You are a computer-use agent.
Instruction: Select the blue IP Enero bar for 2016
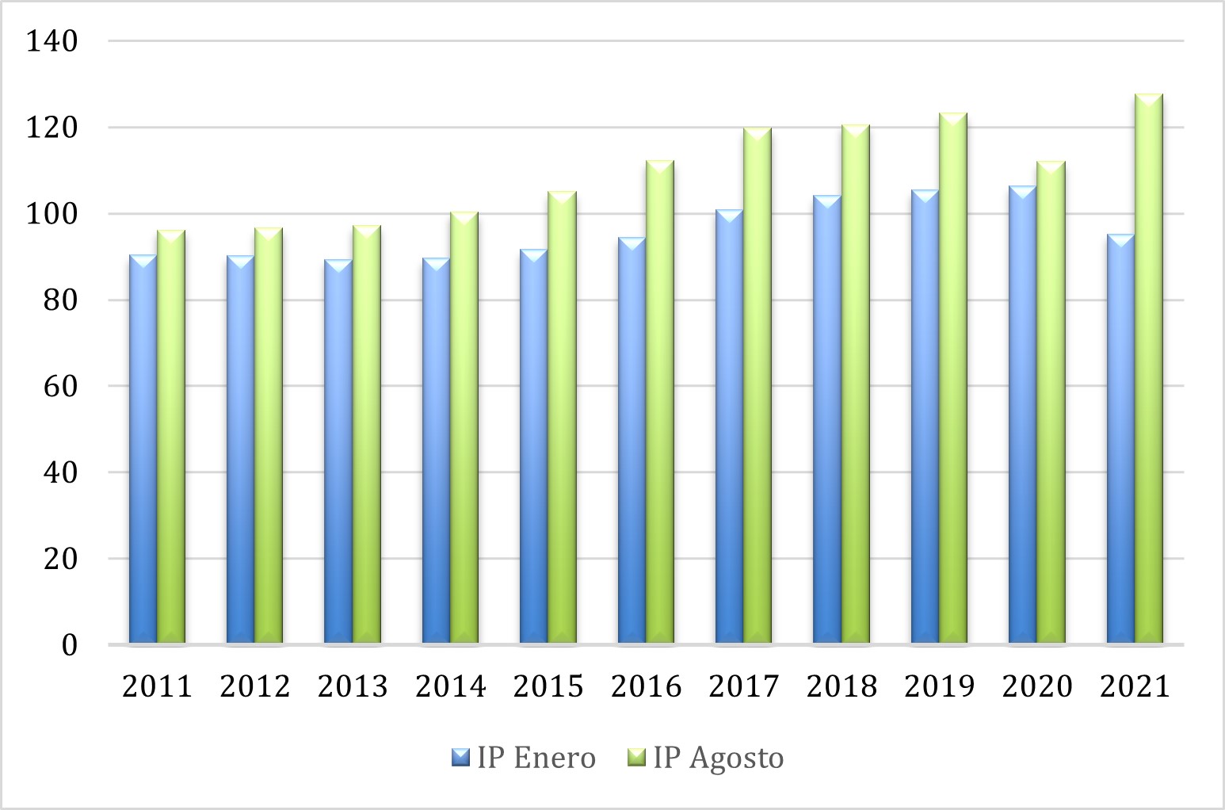click(632, 440)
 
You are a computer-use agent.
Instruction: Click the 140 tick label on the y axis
click(52, 40)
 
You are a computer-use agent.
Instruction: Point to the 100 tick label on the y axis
click(52, 213)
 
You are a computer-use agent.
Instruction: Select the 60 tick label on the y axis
click(61, 386)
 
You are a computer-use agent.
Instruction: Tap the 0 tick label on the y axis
click(70, 644)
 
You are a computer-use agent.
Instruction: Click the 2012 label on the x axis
click(255, 686)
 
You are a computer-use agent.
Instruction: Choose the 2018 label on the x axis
click(841, 686)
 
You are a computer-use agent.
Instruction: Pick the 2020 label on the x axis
click(1037, 686)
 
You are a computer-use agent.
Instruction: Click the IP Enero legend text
click(536, 758)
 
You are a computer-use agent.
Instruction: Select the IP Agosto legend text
click(719, 758)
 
